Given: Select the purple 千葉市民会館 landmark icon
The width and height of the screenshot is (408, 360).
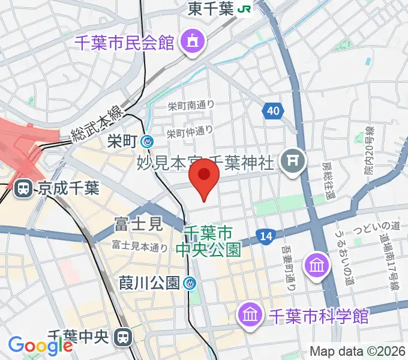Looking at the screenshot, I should tap(194, 41).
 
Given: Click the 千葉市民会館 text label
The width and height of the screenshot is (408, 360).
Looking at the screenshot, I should tap(125, 43).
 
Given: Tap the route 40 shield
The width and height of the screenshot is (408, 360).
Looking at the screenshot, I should tap(273, 110).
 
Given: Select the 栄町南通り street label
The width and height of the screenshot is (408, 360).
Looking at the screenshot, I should tap(191, 106).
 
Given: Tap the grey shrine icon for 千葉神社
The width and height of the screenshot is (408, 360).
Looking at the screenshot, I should tap(294, 160).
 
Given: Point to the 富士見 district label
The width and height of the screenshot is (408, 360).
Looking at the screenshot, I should tap(138, 225).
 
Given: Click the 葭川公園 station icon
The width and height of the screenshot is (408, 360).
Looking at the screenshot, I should tap(191, 282).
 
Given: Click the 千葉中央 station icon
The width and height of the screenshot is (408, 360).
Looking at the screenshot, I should tap(125, 338).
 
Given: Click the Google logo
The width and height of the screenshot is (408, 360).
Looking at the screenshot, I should tap(40, 345).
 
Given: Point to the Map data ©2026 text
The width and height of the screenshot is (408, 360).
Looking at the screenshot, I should tap(359, 352).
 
